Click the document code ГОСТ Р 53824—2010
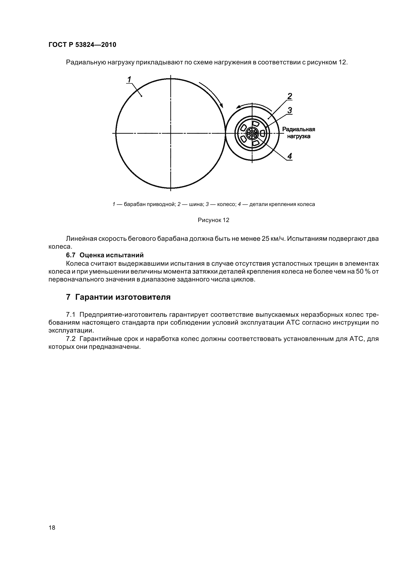click(x=82, y=45)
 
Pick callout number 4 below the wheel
click(x=290, y=156)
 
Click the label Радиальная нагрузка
click(x=298, y=133)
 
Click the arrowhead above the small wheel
click(x=237, y=107)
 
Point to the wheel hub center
click(x=252, y=133)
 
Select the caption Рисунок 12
click(x=214, y=220)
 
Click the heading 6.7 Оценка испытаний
click(x=105, y=255)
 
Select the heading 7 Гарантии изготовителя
click(x=118, y=297)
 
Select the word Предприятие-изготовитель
click(x=123, y=315)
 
